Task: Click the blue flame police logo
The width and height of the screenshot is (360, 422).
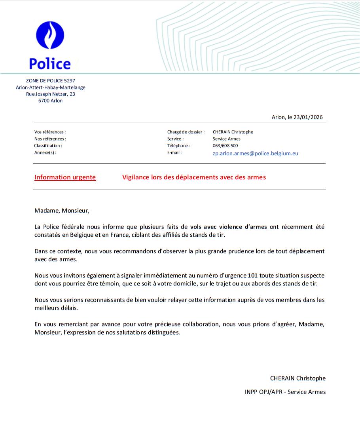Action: (50, 35)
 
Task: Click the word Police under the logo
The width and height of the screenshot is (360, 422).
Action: (50, 64)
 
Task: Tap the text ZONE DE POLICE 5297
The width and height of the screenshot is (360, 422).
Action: (50, 81)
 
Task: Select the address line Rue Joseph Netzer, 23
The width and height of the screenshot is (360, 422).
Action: (50, 94)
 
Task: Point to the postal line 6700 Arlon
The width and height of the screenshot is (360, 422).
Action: (50, 101)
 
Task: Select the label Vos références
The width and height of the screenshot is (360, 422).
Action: (50, 132)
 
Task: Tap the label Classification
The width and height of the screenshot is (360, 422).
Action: (48, 146)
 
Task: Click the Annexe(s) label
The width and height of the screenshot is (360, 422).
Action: (45, 152)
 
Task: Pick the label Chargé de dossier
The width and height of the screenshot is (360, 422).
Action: (186, 132)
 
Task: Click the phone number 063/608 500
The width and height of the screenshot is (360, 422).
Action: (225, 146)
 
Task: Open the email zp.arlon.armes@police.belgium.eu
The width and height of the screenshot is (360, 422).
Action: (255, 153)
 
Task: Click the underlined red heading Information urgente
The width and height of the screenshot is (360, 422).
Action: (65, 177)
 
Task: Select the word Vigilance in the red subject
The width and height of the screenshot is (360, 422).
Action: (136, 177)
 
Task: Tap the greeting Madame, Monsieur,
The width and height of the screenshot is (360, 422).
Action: (62, 211)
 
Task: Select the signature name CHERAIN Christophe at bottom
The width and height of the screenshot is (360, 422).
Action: (297, 378)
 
